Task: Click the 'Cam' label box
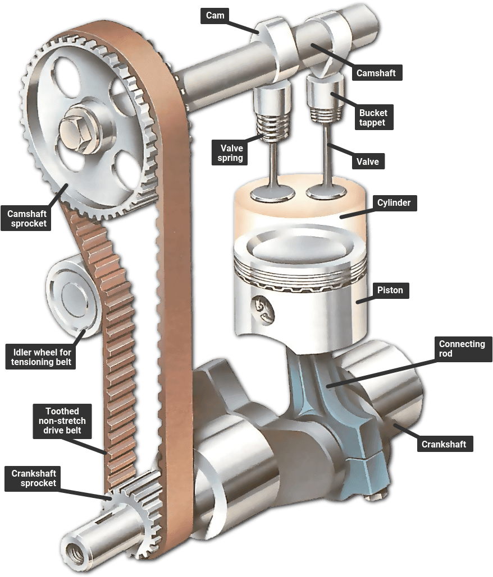(x=215, y=16)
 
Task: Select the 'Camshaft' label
(x=376, y=73)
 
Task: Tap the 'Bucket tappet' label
(x=373, y=118)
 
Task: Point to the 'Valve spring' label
(x=230, y=153)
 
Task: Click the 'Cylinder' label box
(x=394, y=203)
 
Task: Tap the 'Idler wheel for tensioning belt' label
(x=41, y=357)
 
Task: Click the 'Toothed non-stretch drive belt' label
(x=62, y=421)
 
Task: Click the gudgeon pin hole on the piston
(x=263, y=308)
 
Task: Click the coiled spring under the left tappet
(x=273, y=127)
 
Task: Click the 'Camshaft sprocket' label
(x=26, y=219)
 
